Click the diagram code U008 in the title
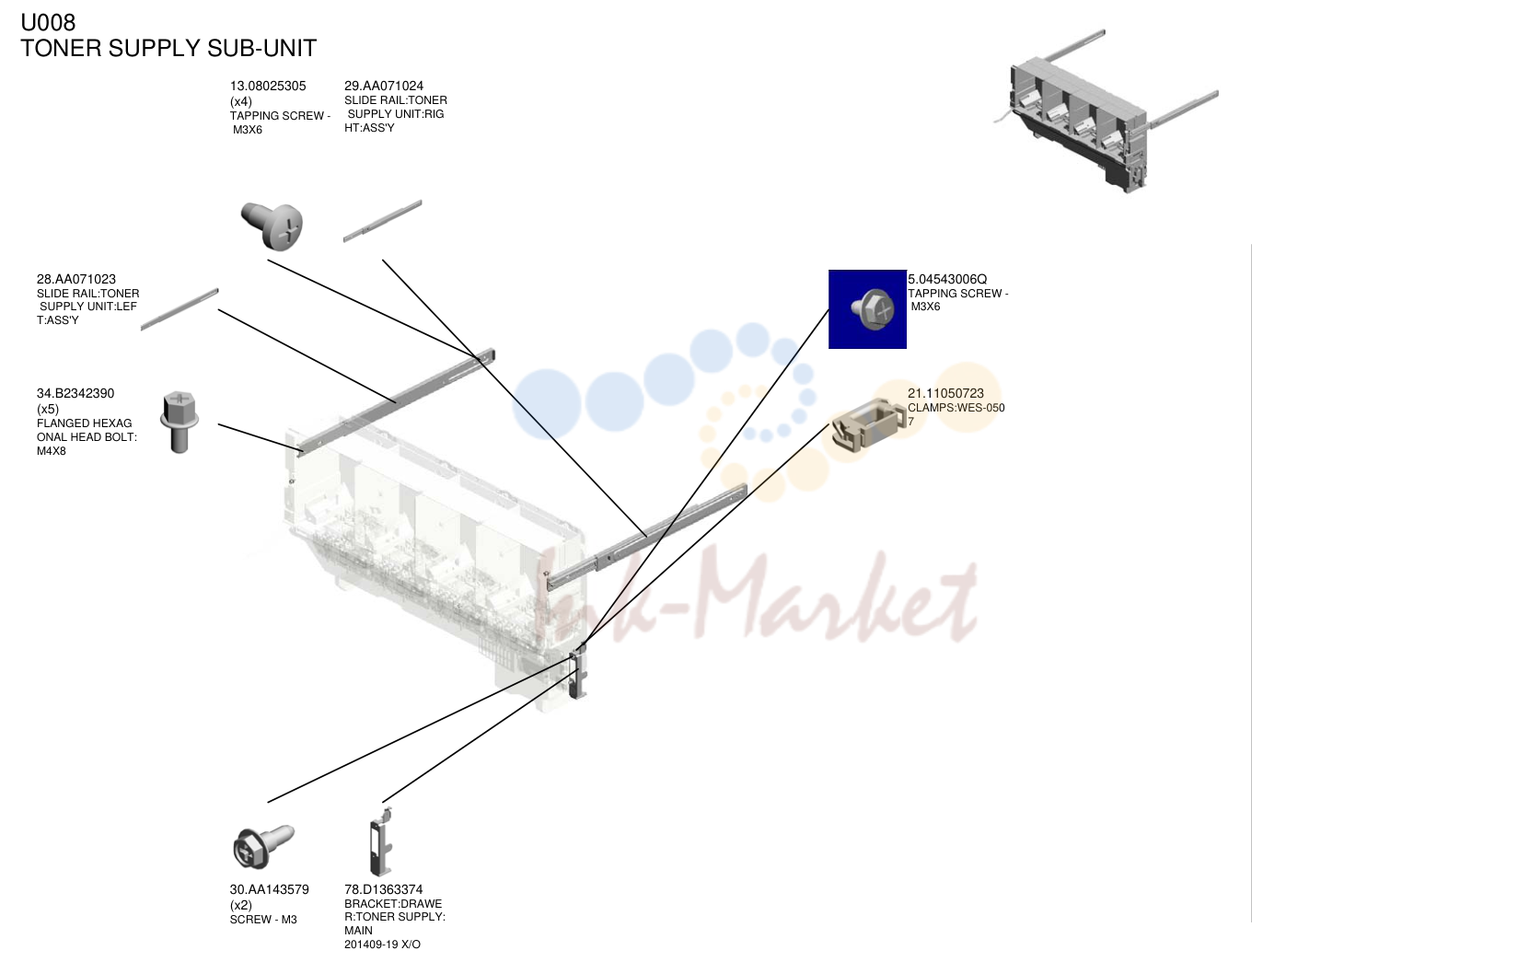(48, 22)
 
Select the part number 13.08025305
(268, 86)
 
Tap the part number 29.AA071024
(384, 86)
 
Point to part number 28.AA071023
(75, 279)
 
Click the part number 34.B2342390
(75, 394)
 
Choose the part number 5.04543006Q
(947, 279)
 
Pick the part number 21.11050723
(945, 394)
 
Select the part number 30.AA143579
(269, 889)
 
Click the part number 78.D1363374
(384, 889)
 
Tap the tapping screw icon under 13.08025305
(272, 226)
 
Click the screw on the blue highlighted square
(873, 309)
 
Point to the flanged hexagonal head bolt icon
(179, 422)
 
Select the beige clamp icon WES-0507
(868, 424)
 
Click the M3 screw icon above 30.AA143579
(263, 846)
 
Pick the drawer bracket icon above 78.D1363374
(381, 842)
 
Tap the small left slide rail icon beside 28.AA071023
(180, 309)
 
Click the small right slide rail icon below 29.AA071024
(382, 221)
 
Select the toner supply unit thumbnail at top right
(1106, 111)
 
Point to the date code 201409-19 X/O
(382, 945)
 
